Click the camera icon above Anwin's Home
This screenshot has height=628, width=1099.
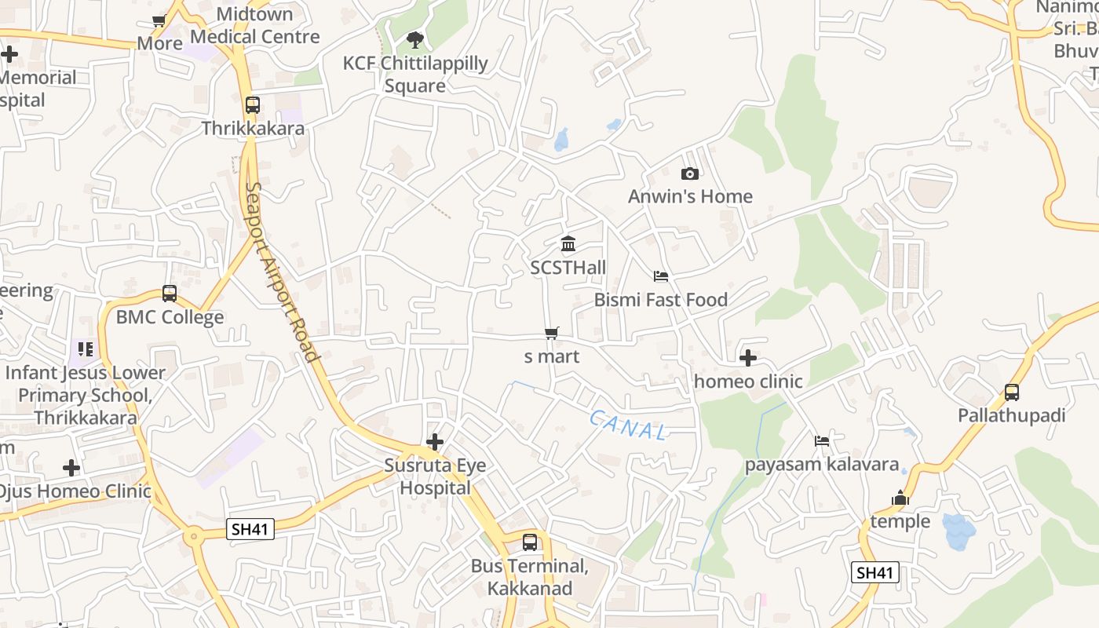pos(690,173)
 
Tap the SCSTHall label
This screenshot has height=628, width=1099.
pos(568,268)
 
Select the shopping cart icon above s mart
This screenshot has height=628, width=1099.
pos(552,334)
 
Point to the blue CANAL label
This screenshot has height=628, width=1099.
pos(629,425)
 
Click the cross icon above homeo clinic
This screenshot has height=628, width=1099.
pos(748,359)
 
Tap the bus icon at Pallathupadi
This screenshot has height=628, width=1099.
pos(1012,392)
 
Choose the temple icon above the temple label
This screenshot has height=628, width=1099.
pos(900,498)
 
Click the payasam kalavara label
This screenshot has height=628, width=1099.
pos(821,464)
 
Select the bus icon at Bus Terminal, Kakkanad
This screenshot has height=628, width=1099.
pos(530,542)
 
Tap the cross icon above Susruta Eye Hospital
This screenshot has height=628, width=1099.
pos(435,442)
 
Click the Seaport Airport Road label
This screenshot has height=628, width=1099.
pos(283,272)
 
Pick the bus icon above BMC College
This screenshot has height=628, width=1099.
pos(170,294)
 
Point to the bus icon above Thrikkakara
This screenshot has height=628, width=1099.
pos(252,104)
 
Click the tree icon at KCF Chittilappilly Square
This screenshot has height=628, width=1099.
pos(415,39)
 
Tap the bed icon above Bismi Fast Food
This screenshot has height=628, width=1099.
pos(661,276)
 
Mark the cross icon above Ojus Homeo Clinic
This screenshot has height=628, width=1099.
pos(71,469)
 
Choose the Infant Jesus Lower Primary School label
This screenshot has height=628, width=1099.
pos(85,395)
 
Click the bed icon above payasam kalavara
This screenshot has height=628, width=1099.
pos(822,440)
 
